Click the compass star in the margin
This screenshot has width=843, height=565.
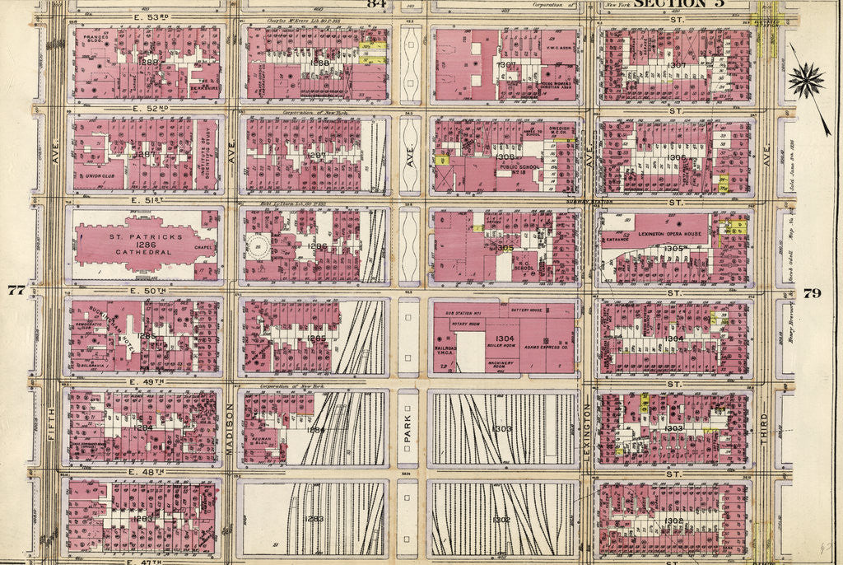tap(804, 80)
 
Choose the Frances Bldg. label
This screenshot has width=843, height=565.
tap(95, 40)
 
